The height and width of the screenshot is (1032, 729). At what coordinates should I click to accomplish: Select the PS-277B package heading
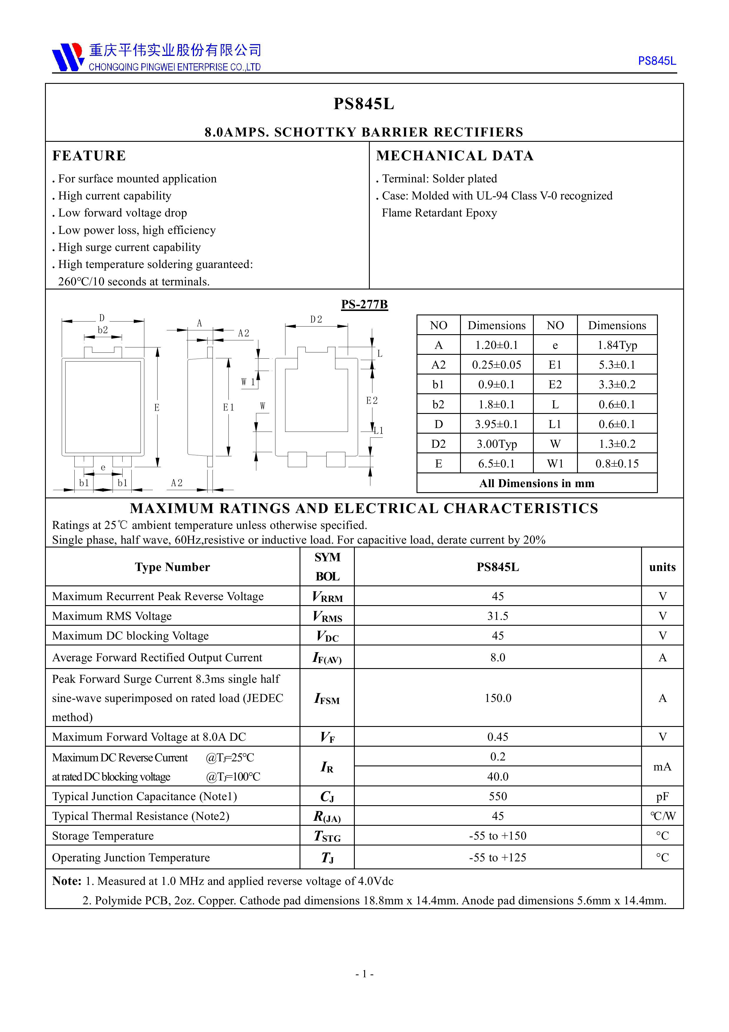(x=364, y=304)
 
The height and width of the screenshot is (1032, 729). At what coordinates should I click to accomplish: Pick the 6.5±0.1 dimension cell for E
(x=496, y=463)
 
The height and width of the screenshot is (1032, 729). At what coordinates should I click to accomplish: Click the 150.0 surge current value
(x=497, y=698)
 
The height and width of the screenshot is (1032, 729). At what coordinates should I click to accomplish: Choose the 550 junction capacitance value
(x=497, y=796)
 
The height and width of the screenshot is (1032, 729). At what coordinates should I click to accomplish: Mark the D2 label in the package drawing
(x=316, y=319)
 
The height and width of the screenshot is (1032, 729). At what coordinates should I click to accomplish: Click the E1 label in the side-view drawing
(x=229, y=407)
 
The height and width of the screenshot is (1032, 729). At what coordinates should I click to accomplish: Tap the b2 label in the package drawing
(x=103, y=330)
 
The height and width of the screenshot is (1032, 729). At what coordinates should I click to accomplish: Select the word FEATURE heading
(x=89, y=156)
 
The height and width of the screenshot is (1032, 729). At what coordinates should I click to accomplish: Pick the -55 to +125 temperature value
(x=497, y=858)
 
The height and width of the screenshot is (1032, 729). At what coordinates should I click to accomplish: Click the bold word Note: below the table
(x=66, y=881)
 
